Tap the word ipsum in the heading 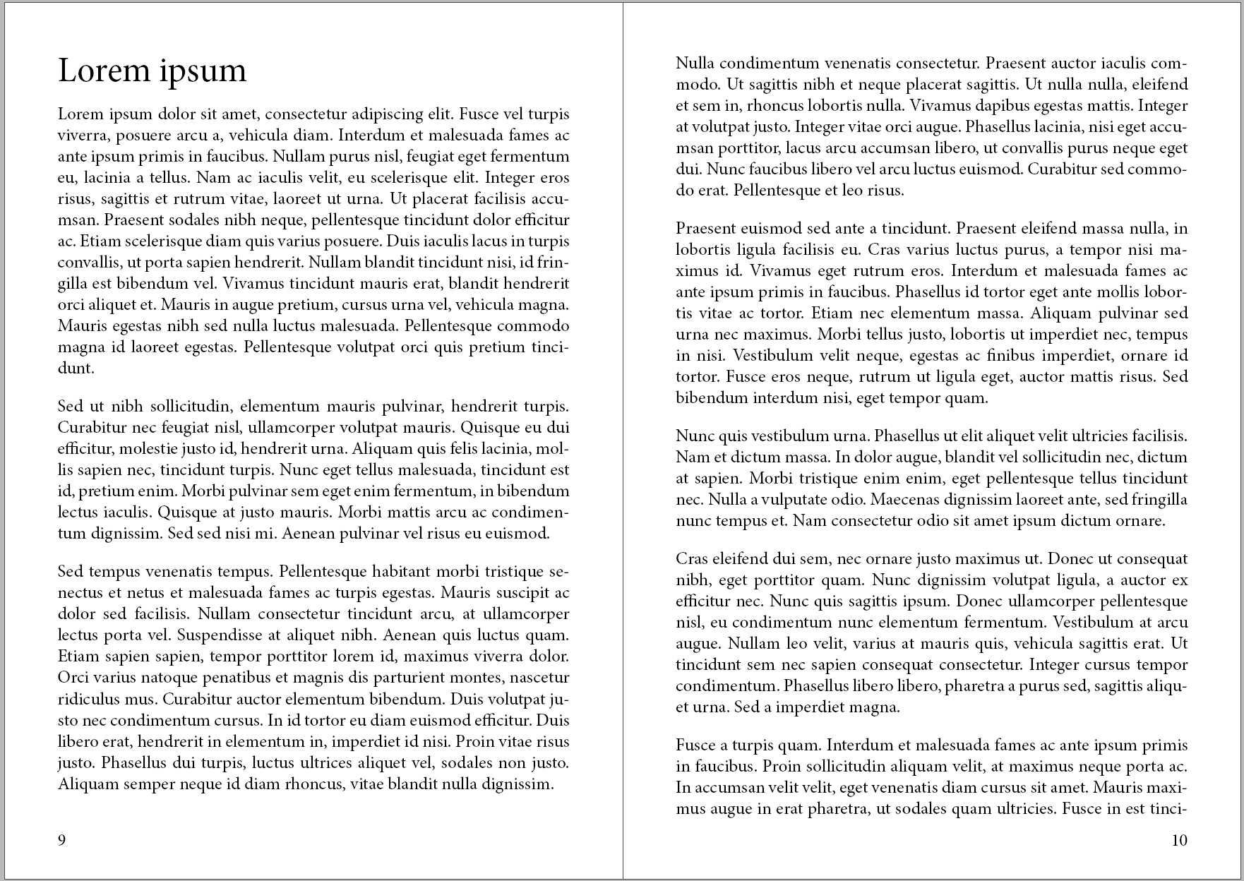tap(202, 73)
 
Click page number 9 tap(62, 840)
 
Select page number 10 tap(1179, 840)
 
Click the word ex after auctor tap(1179, 580)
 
